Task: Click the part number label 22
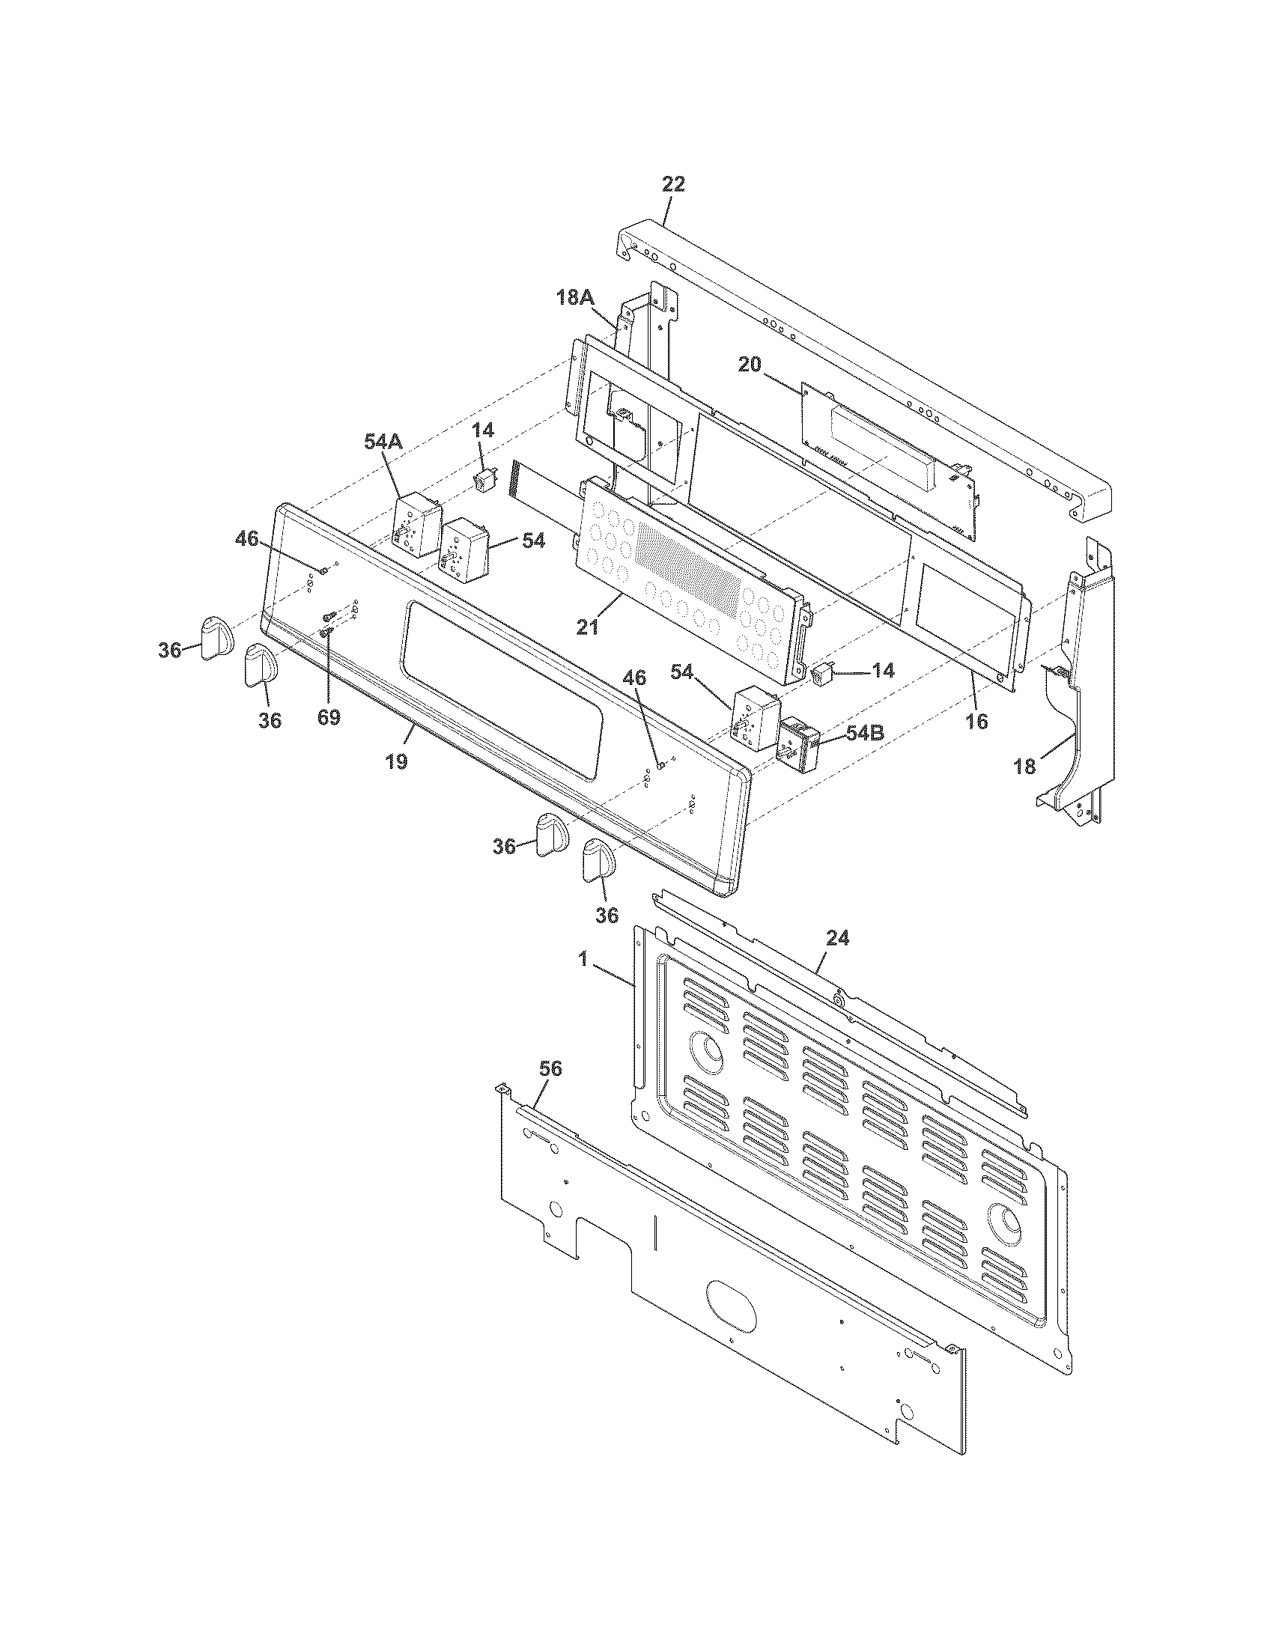[672, 185]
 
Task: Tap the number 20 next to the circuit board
[750, 365]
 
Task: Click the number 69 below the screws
[328, 717]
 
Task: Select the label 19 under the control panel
[396, 761]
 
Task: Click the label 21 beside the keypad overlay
[588, 626]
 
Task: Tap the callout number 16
[976, 722]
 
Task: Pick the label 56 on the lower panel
[551, 1068]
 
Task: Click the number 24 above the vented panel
[837, 937]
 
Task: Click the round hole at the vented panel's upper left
[708, 1047]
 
